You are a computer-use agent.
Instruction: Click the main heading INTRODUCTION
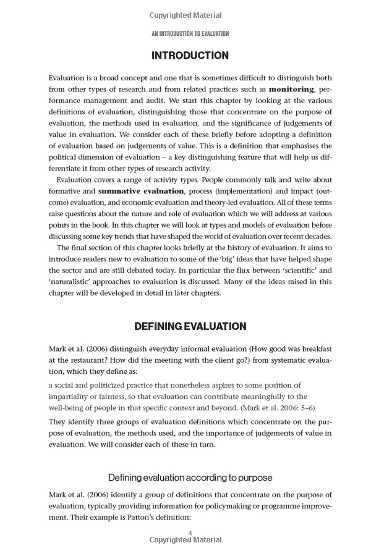click(x=190, y=56)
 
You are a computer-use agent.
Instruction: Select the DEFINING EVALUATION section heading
click(x=190, y=326)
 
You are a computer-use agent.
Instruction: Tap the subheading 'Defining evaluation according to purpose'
click(x=190, y=478)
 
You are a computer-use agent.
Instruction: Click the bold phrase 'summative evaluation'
click(x=141, y=191)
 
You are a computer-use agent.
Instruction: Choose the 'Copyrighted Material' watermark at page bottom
click(x=185, y=540)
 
